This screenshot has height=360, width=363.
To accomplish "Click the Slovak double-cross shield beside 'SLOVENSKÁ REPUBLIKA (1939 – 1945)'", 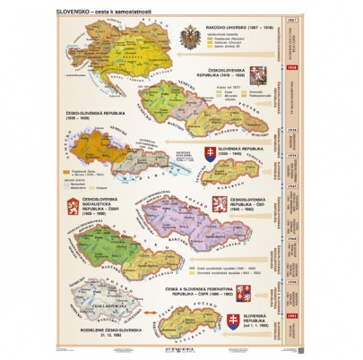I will tap(212, 153).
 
